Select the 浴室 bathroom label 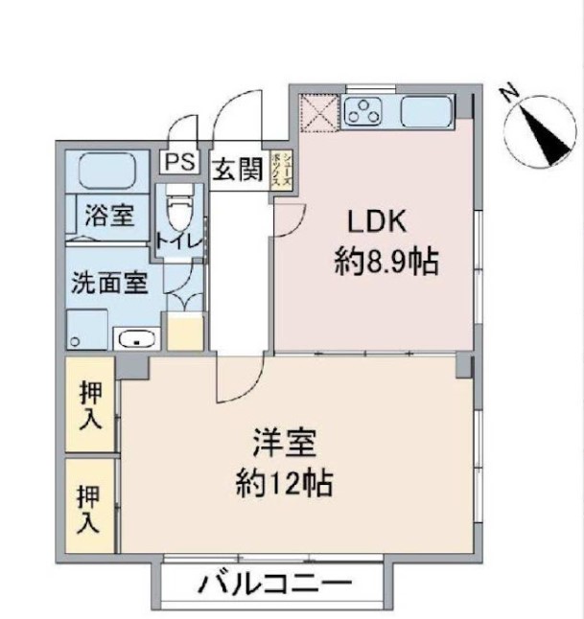tap(103, 213)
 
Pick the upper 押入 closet tap(90, 402)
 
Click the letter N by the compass tap(510, 92)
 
